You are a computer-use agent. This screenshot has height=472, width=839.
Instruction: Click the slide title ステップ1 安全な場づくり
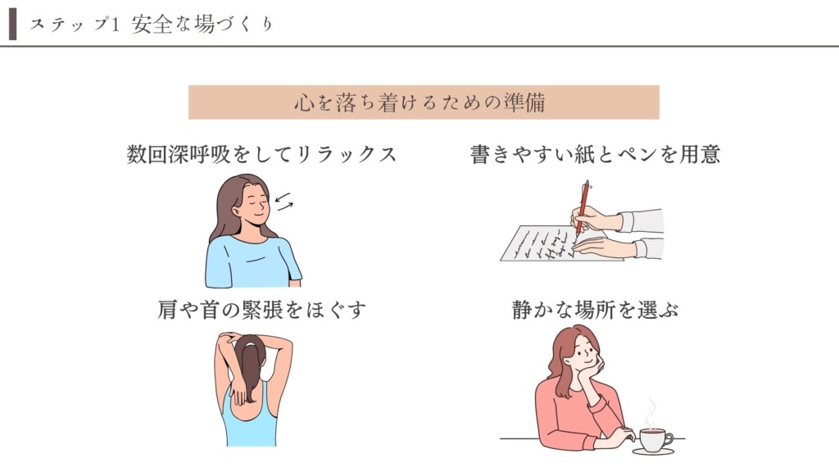(152, 25)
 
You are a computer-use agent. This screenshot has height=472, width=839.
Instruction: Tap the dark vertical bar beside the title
(13, 24)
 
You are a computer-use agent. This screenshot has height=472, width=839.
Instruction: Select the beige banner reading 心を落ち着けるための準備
(424, 102)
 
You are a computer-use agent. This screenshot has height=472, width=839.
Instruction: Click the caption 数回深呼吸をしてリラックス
(261, 155)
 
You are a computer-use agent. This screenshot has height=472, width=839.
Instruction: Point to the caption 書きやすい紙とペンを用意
(595, 155)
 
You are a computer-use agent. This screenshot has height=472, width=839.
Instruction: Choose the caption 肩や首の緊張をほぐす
(261, 310)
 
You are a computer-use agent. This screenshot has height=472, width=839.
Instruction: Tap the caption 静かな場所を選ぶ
(595, 310)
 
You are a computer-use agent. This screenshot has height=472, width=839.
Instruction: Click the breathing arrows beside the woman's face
(283, 202)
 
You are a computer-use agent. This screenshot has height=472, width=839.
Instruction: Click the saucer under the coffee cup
(653, 452)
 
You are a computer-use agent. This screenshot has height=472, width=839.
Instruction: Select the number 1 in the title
(115, 25)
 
